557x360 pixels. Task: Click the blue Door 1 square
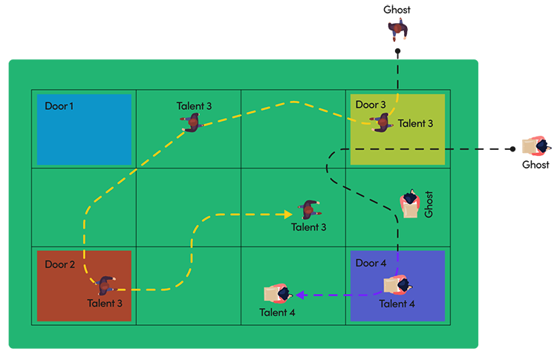84,129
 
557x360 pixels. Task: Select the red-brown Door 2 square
84,286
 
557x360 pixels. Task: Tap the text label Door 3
371,105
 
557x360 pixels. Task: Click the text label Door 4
371,263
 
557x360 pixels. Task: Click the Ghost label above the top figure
397,10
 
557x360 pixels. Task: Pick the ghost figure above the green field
398,31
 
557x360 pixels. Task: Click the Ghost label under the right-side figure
535,165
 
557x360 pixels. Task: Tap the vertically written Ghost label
429,205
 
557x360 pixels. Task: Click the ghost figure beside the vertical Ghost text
409,204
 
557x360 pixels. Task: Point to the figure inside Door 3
382,123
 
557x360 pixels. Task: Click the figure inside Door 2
106,285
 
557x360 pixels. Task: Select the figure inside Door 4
395,285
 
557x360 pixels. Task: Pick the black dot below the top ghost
397,52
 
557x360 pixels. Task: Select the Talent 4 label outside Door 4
278,312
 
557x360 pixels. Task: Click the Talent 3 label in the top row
194,106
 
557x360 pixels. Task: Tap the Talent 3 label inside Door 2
105,303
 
